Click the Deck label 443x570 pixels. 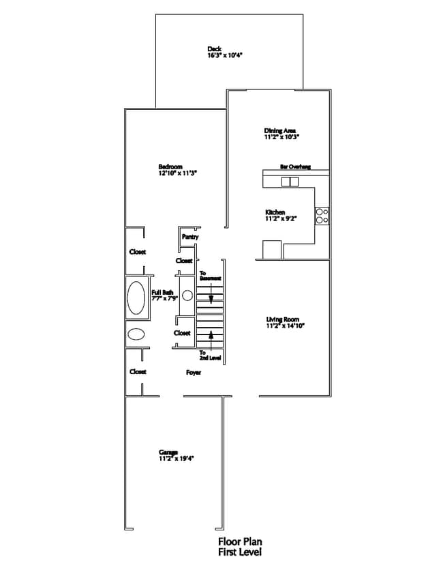click(x=215, y=48)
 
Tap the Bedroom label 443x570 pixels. click(x=170, y=167)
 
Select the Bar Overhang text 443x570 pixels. click(x=296, y=166)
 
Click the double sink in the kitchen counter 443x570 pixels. click(x=290, y=182)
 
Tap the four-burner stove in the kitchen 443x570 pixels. click(x=322, y=216)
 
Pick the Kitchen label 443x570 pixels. click(x=275, y=212)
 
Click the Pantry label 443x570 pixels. click(x=190, y=237)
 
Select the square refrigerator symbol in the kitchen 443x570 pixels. click(x=273, y=250)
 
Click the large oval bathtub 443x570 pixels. click(x=136, y=298)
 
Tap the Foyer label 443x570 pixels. click(x=194, y=373)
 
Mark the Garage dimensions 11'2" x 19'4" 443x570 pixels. click(x=178, y=459)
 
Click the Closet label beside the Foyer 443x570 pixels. click(x=138, y=372)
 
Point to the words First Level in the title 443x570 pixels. click(x=239, y=552)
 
